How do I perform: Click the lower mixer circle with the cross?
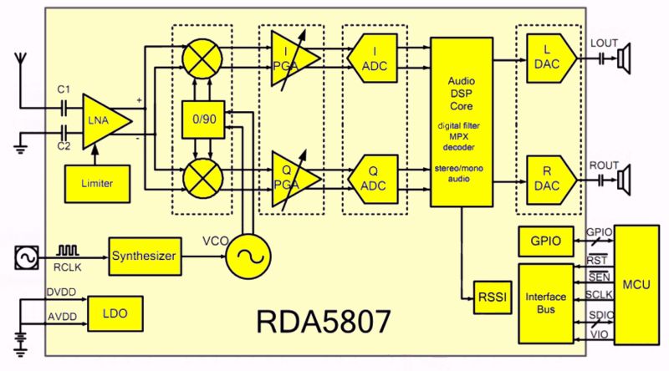pyautogui.click(x=203, y=178)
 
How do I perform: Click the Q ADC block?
pyautogui.click(x=375, y=178)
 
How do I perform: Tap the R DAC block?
pyautogui.click(x=549, y=178)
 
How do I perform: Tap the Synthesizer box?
pyautogui.click(x=145, y=256)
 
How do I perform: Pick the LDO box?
pyautogui.click(x=114, y=314)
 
